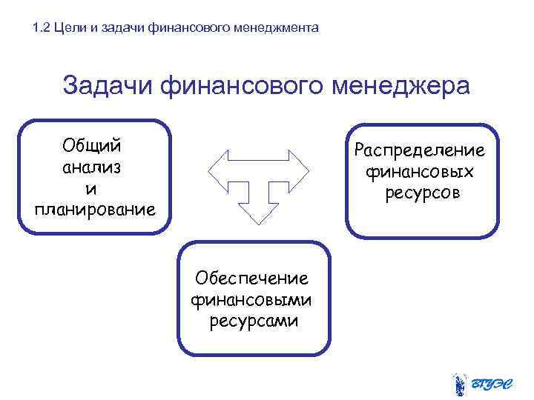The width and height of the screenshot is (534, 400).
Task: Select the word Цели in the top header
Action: pyautogui.click(x=69, y=28)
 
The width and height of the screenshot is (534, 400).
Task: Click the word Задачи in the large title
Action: pyautogui.click(x=107, y=86)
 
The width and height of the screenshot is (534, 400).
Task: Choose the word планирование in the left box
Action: pyautogui.click(x=95, y=209)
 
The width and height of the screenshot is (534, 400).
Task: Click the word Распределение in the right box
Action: pyautogui.click(x=420, y=151)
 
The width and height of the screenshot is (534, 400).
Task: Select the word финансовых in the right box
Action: pyautogui.click(x=420, y=172)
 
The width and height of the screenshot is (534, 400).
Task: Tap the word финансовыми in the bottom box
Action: pyautogui.click(x=251, y=300)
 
